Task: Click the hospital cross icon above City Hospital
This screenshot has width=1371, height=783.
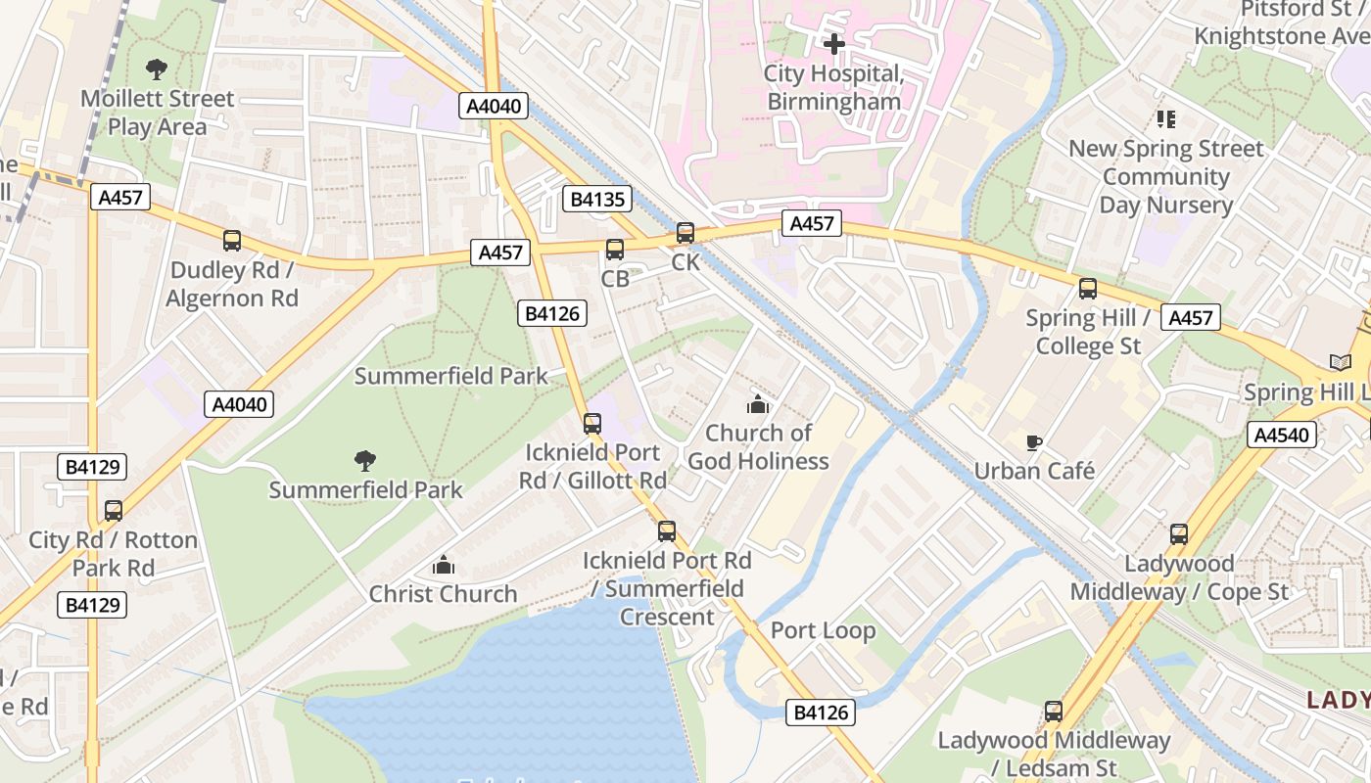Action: tap(833, 44)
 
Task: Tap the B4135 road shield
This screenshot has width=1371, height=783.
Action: tap(596, 200)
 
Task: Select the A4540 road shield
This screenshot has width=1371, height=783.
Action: tap(1281, 435)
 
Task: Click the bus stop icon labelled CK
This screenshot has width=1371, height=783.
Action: tap(685, 233)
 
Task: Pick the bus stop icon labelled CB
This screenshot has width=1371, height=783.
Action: tap(615, 250)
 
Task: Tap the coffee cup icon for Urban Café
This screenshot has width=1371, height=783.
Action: tap(1033, 443)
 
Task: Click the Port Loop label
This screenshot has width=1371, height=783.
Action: tap(823, 630)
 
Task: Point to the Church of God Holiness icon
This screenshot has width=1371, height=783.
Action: tap(758, 404)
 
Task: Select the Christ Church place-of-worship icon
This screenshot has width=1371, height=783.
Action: tap(444, 565)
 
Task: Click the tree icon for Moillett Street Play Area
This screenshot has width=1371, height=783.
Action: tap(156, 69)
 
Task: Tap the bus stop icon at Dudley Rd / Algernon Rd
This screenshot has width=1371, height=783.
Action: tap(232, 241)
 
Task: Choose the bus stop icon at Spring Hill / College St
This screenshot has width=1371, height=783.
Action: tap(1087, 289)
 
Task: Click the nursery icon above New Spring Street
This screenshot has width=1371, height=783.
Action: tap(1165, 119)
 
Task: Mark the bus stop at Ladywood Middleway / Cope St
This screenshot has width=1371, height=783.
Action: tap(1179, 534)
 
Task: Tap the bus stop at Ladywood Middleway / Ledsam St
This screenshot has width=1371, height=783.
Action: tap(1054, 712)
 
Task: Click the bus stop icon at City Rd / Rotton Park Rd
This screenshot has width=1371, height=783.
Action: tap(114, 511)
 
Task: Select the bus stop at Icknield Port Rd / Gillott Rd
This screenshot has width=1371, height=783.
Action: tap(592, 424)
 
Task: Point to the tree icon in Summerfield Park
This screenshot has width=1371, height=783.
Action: tap(365, 460)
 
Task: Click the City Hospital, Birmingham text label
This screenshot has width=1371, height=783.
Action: tap(833, 87)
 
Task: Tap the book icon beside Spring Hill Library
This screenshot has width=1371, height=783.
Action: tap(1340, 363)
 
